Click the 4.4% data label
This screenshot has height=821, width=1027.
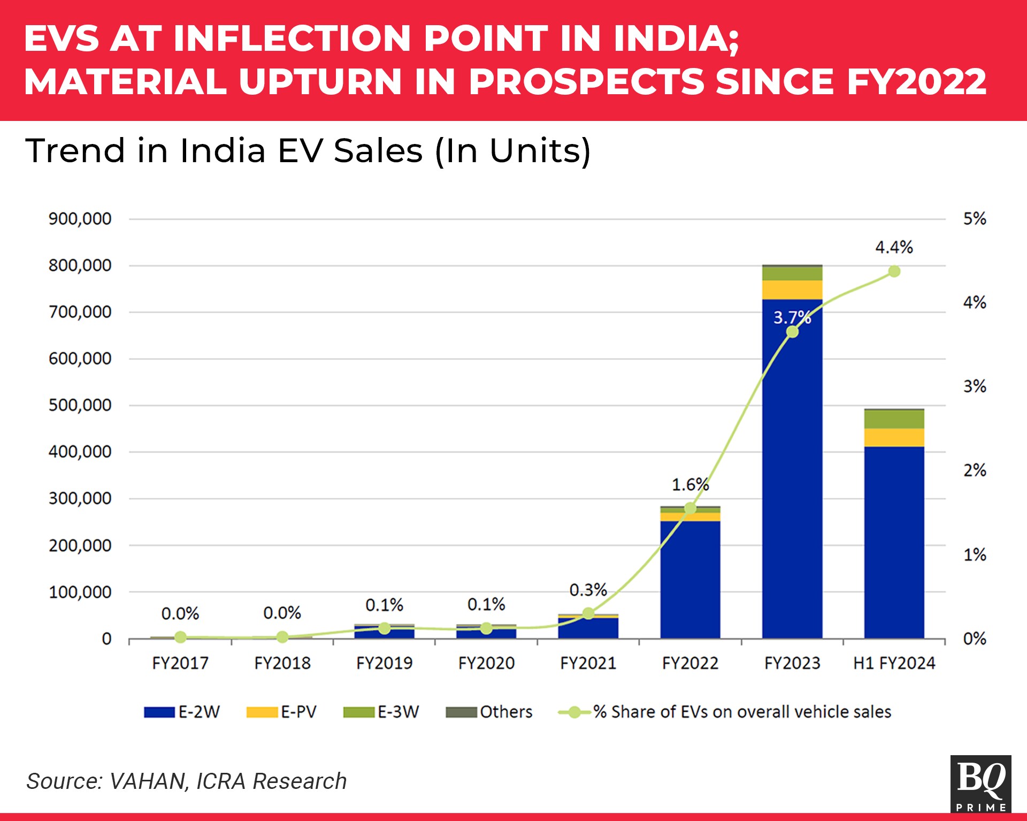894,247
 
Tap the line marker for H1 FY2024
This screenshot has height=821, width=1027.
894,271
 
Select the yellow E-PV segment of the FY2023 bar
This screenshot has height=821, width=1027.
792,290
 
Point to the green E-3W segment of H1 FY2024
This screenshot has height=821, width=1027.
894,419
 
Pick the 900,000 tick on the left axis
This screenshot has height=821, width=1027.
80,219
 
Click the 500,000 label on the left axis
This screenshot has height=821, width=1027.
80,405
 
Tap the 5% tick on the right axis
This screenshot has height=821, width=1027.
975,219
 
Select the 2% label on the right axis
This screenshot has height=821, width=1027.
975,470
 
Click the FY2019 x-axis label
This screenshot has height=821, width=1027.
384,663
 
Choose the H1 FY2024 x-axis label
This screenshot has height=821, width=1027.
894,663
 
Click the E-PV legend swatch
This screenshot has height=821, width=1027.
262,712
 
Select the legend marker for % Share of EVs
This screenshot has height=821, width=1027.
574,712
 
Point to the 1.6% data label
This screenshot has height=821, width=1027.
690,485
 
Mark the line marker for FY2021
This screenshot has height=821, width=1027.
588,613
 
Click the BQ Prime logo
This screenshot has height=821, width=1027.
980,784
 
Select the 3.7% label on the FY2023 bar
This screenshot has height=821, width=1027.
792,317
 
